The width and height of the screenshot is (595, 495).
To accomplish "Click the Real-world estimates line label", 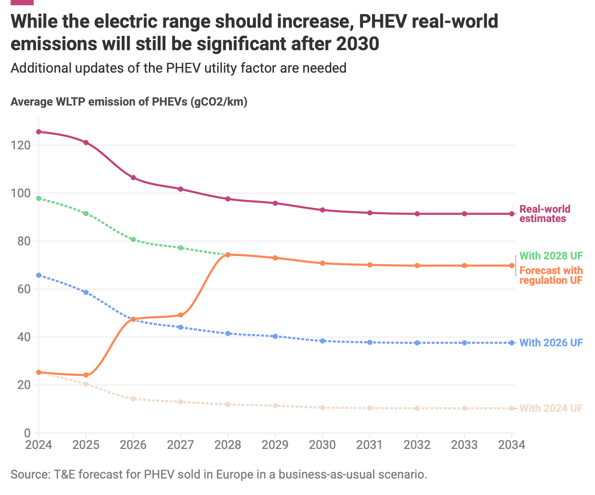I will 545,214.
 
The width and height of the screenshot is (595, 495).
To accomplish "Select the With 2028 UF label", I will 551,256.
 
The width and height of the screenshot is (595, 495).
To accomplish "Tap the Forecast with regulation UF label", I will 551,275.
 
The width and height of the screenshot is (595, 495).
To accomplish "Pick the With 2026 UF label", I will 551,343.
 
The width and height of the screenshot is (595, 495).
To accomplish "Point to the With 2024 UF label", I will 551,408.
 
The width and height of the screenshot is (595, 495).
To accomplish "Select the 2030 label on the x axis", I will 322,445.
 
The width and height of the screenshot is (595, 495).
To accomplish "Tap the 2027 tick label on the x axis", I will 181,445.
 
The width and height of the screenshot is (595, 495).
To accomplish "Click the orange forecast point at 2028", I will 228,255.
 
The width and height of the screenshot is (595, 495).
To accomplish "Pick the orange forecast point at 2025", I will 86,375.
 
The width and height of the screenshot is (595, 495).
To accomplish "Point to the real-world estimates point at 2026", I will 133,177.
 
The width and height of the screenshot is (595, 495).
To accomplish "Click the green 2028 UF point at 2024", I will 39,198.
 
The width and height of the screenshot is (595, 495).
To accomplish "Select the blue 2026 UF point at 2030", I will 322,341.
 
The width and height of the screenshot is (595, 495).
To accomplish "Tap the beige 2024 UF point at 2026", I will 133,399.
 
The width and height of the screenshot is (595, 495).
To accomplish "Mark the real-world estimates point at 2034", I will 512,214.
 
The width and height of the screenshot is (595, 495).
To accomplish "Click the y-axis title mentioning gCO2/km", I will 129,102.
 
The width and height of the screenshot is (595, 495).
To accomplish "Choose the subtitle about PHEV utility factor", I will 178,68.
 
